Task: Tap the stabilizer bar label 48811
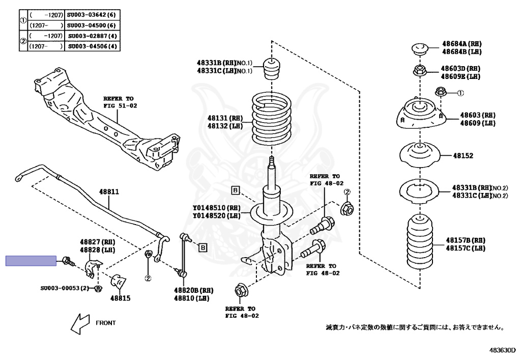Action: click(108, 192)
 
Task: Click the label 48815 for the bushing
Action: click(121, 298)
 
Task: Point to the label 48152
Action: click(463, 156)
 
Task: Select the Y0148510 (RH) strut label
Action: click(216, 208)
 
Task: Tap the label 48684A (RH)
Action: click(461, 44)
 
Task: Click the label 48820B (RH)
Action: click(193, 290)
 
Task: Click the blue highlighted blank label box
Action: click(31, 261)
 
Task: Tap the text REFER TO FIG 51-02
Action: click(120, 102)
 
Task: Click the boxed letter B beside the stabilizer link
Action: click(202, 247)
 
